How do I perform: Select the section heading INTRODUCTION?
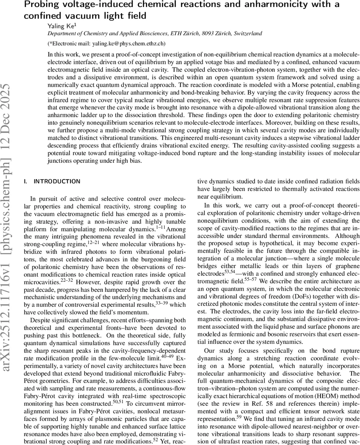click(57, 181)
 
